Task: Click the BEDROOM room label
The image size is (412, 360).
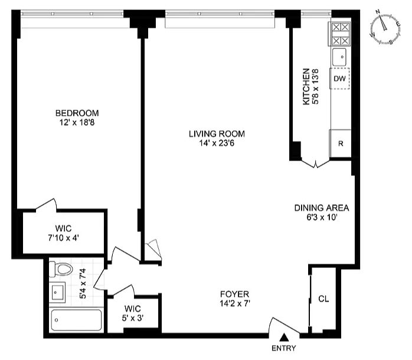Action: coord(77,113)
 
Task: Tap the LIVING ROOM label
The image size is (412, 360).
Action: coord(217,133)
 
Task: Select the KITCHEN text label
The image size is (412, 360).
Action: coord(306,87)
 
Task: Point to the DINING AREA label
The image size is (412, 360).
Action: coord(322,208)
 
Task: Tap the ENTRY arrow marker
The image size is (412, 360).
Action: coord(283,338)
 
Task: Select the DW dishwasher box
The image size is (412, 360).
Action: coord(339,78)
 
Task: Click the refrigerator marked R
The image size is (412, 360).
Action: coord(341,143)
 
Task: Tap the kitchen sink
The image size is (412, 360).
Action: coord(340,57)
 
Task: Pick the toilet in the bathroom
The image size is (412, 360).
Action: coord(61,270)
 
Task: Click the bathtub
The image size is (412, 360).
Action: coord(76,320)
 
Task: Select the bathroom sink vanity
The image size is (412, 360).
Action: coord(57,292)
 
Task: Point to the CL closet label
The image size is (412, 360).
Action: coord(323,299)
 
